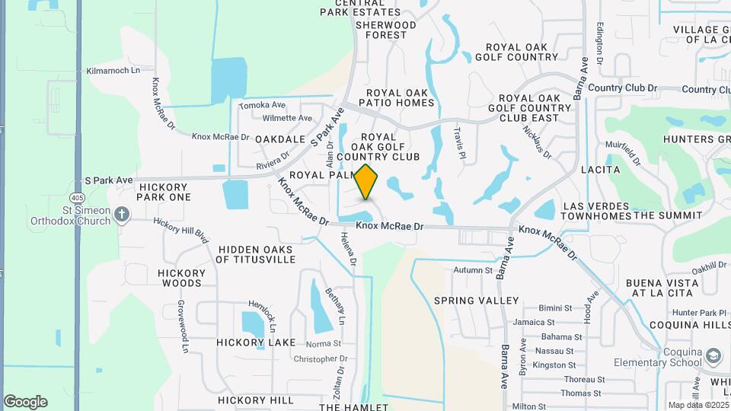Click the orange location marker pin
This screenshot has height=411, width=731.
click(366, 181)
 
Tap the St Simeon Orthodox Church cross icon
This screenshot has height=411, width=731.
click(122, 215)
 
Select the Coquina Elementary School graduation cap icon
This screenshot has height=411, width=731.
click(713, 356)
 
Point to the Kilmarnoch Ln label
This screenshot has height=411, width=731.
click(114, 70)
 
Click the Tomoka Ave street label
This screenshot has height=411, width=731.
click(262, 105)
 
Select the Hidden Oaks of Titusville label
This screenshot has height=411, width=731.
click(256, 254)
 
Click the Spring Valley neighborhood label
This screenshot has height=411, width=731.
click(477, 301)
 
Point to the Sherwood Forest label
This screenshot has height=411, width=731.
click(386, 30)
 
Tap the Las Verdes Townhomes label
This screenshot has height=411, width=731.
click(597, 211)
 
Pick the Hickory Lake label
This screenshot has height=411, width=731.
click(256, 342)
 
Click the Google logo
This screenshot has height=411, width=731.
click(26, 402)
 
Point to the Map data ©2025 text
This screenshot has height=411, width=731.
click(697, 405)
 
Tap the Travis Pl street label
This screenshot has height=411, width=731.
click(459, 139)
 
